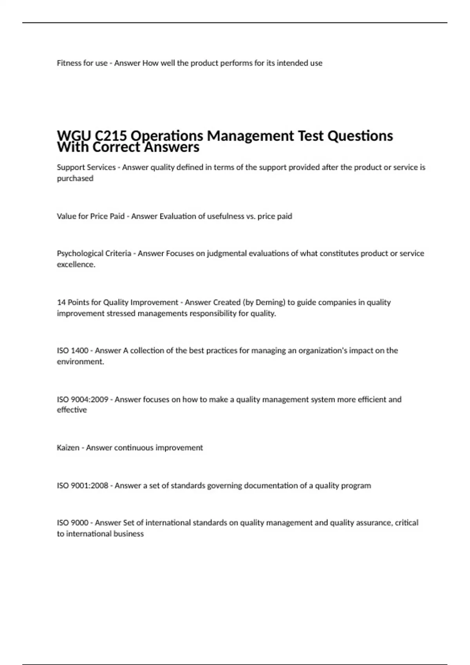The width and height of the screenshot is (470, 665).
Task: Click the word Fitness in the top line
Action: pyautogui.click(x=69, y=63)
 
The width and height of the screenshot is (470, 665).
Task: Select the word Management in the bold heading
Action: pyautogui.click(x=250, y=136)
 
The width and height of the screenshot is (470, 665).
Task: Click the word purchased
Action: pyautogui.click(x=75, y=178)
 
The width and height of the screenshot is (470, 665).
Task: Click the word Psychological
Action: pyautogui.click(x=81, y=253)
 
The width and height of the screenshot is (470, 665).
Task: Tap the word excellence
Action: pyautogui.click(x=76, y=264)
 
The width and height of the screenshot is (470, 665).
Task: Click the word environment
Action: pyautogui.click(x=80, y=362)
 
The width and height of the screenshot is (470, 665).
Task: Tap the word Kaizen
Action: pyautogui.click(x=68, y=448)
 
